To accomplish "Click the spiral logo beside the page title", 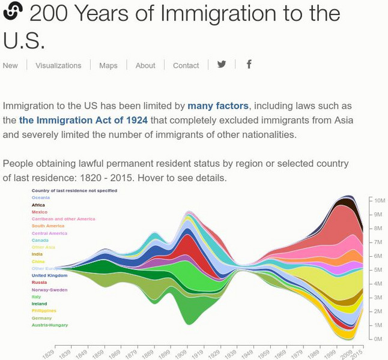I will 13,11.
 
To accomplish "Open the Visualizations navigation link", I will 58,65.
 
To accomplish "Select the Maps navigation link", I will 108,65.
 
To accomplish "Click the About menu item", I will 145,65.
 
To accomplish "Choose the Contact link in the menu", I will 186,65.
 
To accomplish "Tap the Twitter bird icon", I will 222,64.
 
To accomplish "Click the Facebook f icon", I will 249,64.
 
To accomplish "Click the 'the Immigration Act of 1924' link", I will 83,120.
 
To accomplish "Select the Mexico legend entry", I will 40,212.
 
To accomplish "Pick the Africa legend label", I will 38,205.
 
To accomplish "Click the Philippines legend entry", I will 44,311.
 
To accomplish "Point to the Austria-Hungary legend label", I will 50,325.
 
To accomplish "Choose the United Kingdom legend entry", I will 49,275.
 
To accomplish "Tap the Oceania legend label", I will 41,197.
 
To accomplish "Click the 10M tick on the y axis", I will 380,200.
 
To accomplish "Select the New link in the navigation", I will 10,65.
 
